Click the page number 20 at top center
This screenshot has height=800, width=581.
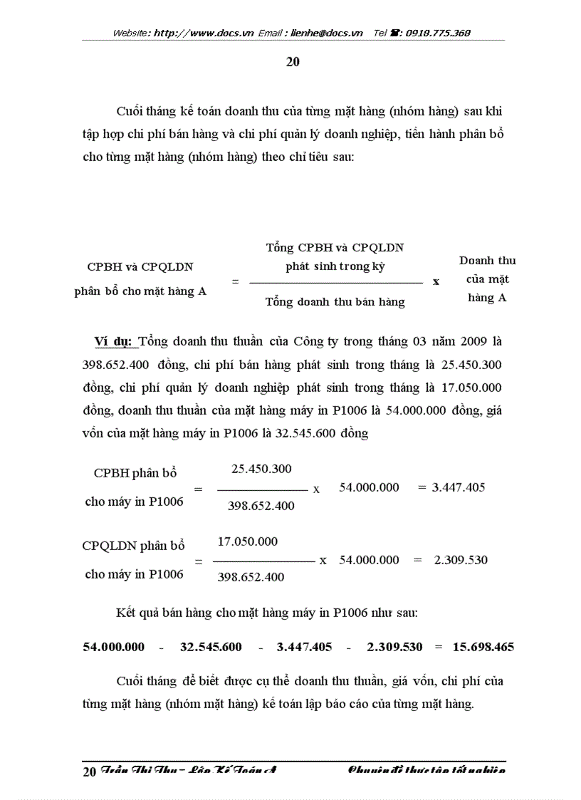click(x=293, y=62)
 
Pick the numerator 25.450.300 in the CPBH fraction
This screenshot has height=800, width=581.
click(x=261, y=469)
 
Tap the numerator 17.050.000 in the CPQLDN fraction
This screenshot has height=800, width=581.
click(x=247, y=541)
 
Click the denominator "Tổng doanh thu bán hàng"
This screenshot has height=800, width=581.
click(x=335, y=302)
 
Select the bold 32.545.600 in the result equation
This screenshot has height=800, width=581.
click(x=211, y=648)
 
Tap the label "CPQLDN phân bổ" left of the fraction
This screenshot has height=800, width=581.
click(x=134, y=546)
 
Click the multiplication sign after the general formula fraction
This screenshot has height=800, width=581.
click(x=436, y=281)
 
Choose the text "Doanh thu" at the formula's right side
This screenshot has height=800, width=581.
click(x=487, y=261)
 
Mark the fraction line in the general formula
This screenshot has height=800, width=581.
click(x=335, y=283)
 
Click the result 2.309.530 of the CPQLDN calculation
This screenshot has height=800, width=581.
click(x=461, y=560)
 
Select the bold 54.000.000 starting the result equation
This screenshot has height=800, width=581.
click(x=114, y=648)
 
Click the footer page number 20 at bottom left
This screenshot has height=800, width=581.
click(x=90, y=771)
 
